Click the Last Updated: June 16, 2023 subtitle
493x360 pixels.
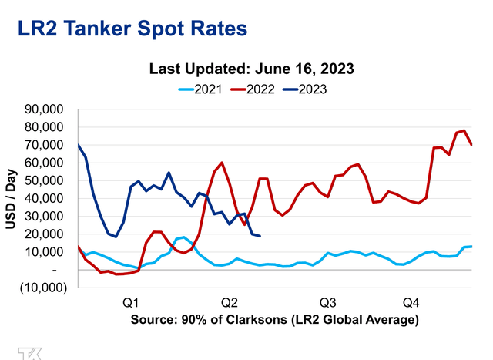click(x=251, y=69)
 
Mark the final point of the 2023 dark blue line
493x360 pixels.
click(x=260, y=236)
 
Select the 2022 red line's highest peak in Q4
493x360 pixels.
click(x=464, y=130)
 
